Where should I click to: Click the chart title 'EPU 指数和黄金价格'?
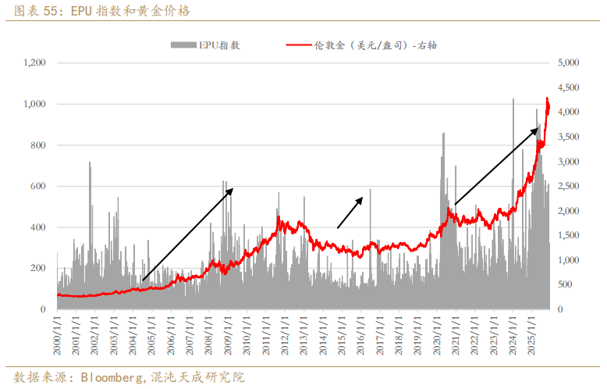click(129, 11)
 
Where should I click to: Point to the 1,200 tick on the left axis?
click(35, 62)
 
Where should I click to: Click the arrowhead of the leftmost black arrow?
click(231, 190)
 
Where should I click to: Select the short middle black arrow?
click(350, 212)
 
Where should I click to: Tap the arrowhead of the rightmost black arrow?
click(536, 130)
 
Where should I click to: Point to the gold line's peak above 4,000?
click(547, 98)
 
